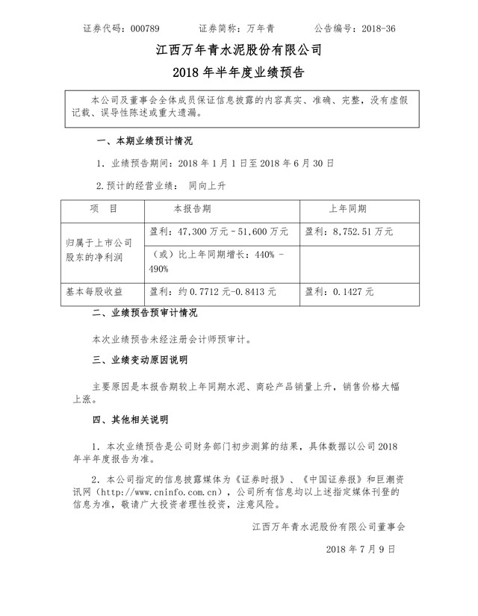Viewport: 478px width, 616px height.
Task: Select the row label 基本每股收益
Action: click(94, 291)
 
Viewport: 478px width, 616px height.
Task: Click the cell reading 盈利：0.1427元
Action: click(340, 291)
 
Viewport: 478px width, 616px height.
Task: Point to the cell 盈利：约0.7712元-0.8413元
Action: click(214, 291)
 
